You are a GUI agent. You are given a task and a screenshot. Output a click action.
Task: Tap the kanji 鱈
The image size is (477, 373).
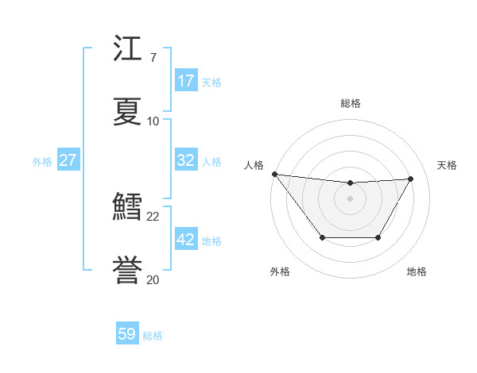tap(128, 207)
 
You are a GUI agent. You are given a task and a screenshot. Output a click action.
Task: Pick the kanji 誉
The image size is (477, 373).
tap(128, 270)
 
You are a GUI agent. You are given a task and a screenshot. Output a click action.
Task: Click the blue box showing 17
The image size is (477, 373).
tap(186, 81)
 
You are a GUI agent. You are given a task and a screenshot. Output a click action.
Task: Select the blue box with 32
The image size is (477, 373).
tap(186, 160)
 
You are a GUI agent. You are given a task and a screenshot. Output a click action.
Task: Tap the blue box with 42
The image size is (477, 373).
tap(186, 240)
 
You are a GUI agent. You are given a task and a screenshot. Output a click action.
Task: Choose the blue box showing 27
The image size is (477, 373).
tap(68, 160)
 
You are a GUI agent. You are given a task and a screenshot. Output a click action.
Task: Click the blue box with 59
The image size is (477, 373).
tap(127, 334)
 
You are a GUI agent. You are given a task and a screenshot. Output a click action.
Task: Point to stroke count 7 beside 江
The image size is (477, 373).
tap(153, 58)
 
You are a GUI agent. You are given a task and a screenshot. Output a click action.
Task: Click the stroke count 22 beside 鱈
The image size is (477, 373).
tap(153, 216)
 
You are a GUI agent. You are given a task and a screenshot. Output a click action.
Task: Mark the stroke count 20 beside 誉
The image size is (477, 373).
tap(153, 279)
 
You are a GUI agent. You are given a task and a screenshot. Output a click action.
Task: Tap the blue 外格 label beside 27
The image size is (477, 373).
tap(42, 162)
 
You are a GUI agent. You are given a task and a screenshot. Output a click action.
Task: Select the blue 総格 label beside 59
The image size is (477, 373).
tap(153, 336)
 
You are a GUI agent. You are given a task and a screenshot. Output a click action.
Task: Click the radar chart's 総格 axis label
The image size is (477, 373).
tap(351, 103)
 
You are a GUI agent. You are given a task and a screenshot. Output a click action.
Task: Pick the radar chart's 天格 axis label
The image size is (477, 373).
tap(448, 165)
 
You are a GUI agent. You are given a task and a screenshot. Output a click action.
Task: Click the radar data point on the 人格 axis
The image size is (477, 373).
tap(274, 174)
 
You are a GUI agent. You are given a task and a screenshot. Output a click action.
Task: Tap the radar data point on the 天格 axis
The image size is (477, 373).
tap(410, 179)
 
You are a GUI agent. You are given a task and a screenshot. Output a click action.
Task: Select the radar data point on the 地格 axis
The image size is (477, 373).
tap(378, 237)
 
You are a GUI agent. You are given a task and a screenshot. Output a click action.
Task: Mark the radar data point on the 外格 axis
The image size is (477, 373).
tap(322, 237)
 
